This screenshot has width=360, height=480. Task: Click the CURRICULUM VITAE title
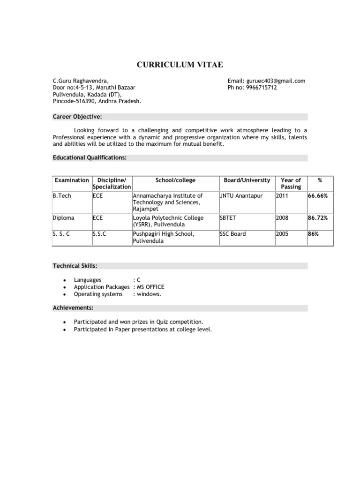[180, 65]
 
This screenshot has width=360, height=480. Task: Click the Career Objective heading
[77, 117]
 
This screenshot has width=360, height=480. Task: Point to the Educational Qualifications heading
[90, 158]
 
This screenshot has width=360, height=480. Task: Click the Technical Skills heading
[75, 266]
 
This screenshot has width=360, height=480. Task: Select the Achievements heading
[73, 308]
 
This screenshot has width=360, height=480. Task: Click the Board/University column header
[247, 180]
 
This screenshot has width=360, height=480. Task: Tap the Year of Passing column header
[291, 183]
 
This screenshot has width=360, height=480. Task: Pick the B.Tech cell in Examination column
[62, 195]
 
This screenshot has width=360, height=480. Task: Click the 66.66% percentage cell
[318, 195]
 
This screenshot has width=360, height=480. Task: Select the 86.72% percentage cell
[318, 218]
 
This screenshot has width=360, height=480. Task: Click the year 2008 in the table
[282, 218]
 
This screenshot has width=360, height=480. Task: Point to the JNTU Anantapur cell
[241, 195]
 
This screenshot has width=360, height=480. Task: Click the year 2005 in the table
[282, 234]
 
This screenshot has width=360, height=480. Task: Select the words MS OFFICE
[150, 287]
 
